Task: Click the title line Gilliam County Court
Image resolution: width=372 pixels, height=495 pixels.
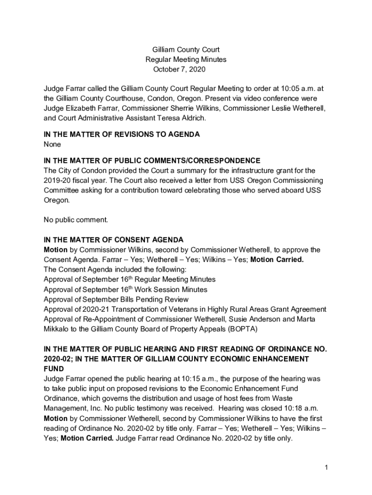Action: coord(186,50)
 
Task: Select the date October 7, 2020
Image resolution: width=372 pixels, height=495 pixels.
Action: coord(179,70)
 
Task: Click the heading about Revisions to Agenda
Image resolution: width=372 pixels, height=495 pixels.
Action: coord(121,134)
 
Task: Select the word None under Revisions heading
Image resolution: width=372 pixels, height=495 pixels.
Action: coord(52,144)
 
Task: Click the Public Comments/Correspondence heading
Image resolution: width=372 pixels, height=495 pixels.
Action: coord(152,160)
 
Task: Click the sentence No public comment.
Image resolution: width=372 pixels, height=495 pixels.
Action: coord(76,220)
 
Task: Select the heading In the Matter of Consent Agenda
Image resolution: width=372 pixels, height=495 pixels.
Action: coord(114,240)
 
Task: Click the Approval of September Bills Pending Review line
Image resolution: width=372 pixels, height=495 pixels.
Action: coord(116,299)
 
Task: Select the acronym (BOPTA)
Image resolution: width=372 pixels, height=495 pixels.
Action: coord(243,329)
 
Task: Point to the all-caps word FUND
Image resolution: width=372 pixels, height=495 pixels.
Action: coord(53,369)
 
